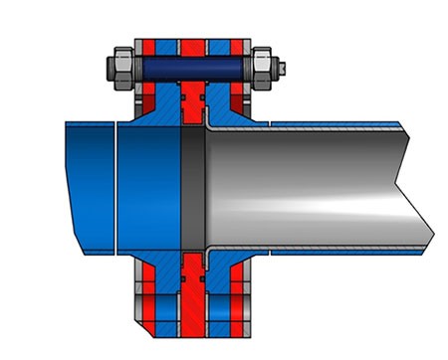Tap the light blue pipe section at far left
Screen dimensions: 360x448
click(x=90, y=184)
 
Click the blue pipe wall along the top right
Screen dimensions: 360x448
click(x=338, y=126)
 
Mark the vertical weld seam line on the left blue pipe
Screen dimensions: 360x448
click(x=116, y=184)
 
